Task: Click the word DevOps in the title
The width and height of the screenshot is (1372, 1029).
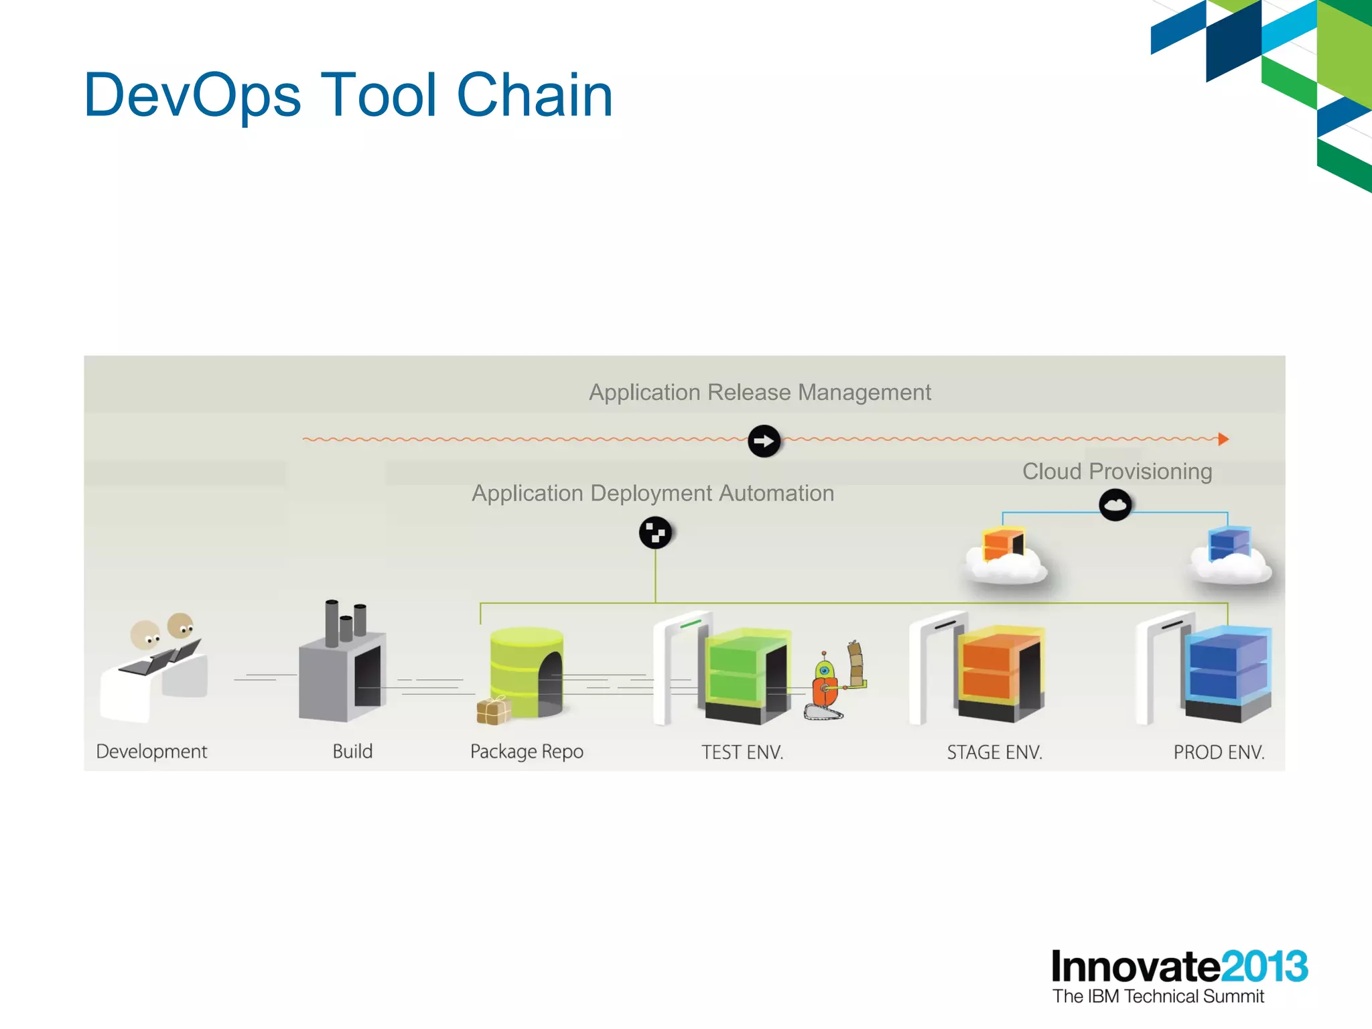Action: pyautogui.click(x=192, y=95)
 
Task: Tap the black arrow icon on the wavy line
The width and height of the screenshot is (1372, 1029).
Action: pyautogui.click(x=764, y=441)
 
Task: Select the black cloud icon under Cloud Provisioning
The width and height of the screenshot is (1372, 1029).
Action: pyautogui.click(x=1115, y=504)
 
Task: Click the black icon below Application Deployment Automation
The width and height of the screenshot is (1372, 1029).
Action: pyautogui.click(x=655, y=533)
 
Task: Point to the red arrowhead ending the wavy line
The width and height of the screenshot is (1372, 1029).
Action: pyautogui.click(x=1223, y=439)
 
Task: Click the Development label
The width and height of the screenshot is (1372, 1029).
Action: pyautogui.click(x=151, y=751)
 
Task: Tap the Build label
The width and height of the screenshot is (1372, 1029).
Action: pyautogui.click(x=352, y=751)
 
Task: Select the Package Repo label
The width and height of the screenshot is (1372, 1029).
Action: pyautogui.click(x=527, y=752)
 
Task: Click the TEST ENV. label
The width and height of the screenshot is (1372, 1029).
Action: pyautogui.click(x=742, y=752)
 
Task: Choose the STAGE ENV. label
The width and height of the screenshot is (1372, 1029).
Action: pyautogui.click(x=994, y=752)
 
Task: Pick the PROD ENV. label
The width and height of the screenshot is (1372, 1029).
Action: pyautogui.click(x=1219, y=752)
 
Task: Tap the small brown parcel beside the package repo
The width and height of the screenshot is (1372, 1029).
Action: pyautogui.click(x=493, y=711)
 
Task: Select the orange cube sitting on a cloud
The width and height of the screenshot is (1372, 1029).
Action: pyautogui.click(x=1003, y=543)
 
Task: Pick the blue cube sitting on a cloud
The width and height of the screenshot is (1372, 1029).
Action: pyautogui.click(x=1229, y=543)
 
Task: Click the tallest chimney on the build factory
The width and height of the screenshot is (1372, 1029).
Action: pyautogui.click(x=332, y=622)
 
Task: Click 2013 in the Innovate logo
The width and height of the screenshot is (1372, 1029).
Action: pyautogui.click(x=1263, y=967)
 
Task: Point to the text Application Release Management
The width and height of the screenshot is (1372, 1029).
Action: pyautogui.click(x=760, y=392)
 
